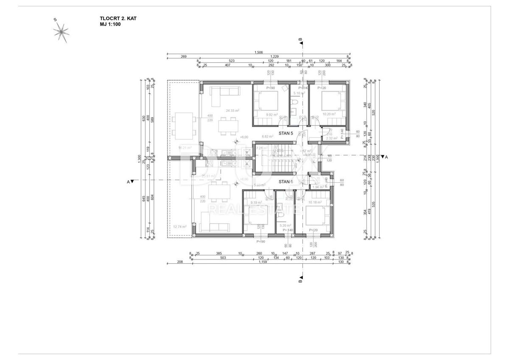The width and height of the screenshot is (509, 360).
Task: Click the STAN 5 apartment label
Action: (x=285, y=133)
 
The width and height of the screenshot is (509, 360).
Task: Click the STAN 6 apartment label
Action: (x=285, y=181)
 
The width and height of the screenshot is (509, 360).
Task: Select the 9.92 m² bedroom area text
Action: (x=271, y=114)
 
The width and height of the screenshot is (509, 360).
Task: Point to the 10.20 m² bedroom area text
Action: (x=329, y=114)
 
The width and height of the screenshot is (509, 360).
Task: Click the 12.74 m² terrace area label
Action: (x=180, y=226)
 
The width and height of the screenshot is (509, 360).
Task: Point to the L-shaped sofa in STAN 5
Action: (x=221, y=94)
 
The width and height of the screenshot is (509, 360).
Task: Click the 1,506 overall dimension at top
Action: (x=258, y=53)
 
